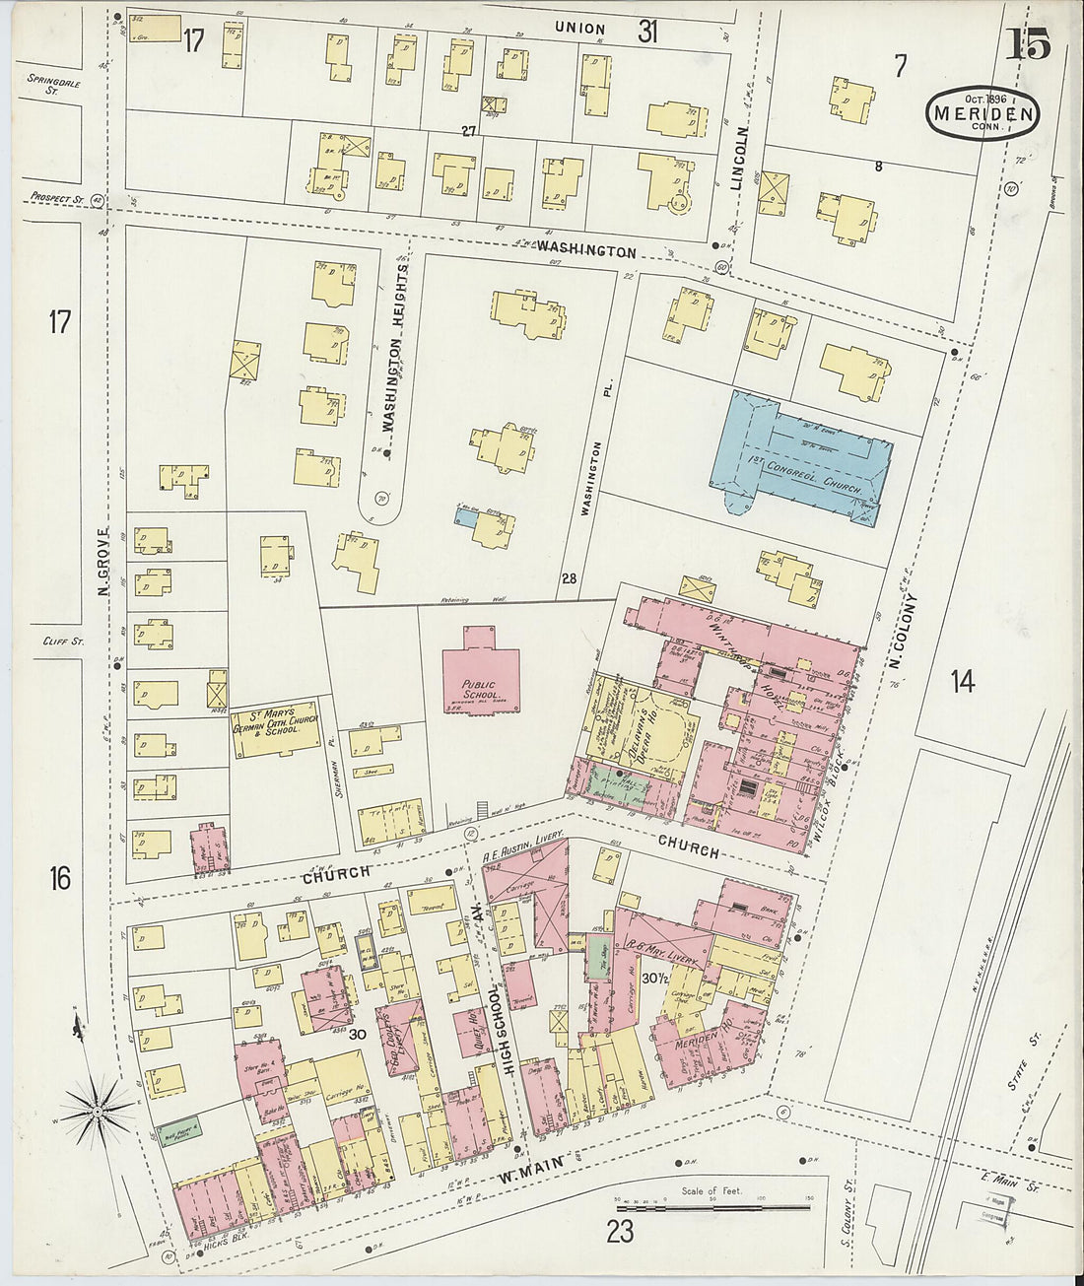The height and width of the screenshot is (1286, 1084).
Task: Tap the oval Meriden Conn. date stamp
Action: tap(982, 112)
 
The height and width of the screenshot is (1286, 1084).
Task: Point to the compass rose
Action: tap(99, 1112)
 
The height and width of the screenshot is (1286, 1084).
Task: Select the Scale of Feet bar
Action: tap(711, 1205)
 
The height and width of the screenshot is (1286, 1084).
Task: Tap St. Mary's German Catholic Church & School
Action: tap(276, 730)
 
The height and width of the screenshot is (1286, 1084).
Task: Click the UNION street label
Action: tap(579, 29)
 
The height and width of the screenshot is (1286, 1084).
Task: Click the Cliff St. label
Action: tap(65, 641)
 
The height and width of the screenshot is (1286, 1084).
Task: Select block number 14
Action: tap(962, 680)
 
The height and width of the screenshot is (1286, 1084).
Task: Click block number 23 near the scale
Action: tap(620, 1231)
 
